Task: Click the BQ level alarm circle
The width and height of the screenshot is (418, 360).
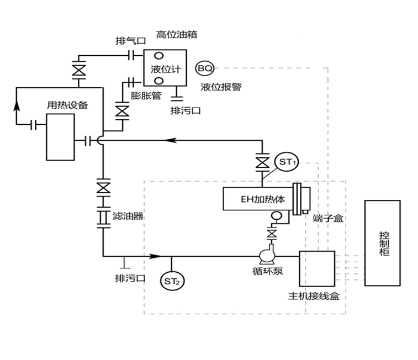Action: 205,68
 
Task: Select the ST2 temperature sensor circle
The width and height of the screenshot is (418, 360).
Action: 172,282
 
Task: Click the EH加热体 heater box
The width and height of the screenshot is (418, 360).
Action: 257,199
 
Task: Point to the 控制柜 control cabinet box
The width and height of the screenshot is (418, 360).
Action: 383,242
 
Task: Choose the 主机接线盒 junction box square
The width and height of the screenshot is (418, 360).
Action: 316,268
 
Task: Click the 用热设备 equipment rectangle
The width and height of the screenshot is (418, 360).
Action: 60,136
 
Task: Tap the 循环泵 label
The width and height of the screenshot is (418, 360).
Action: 268,272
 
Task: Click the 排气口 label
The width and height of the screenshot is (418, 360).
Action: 130,40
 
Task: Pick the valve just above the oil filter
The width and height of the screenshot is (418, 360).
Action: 103,187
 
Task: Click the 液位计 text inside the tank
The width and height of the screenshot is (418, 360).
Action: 166,69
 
